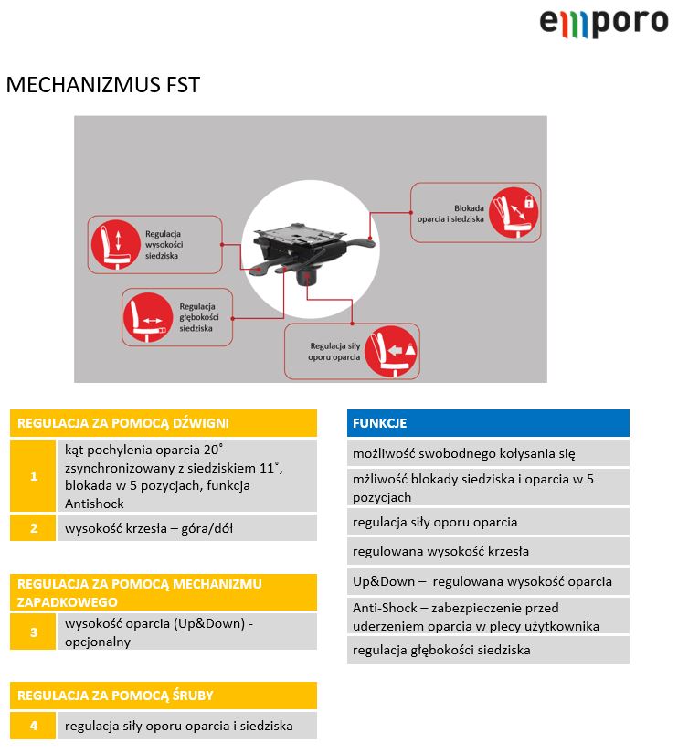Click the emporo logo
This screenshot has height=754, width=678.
[x=603, y=22]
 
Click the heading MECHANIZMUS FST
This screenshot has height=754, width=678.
[x=102, y=86]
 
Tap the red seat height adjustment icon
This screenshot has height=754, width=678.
[x=111, y=245]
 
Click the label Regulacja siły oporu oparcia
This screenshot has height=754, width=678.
[x=335, y=351]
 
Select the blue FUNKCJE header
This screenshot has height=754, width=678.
[x=488, y=423]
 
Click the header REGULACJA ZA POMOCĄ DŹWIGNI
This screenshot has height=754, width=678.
[x=164, y=423]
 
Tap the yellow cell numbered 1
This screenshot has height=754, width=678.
[x=34, y=476]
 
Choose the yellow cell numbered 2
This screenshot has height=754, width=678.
[x=34, y=528]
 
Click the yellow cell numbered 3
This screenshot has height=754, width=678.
[x=34, y=632]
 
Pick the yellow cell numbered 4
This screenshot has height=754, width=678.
[x=34, y=727]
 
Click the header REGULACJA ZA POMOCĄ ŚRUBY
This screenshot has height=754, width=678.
[x=164, y=696]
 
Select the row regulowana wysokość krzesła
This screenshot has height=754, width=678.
[x=488, y=551]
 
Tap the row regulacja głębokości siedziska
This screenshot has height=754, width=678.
[x=488, y=650]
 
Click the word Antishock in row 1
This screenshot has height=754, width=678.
[x=94, y=504]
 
